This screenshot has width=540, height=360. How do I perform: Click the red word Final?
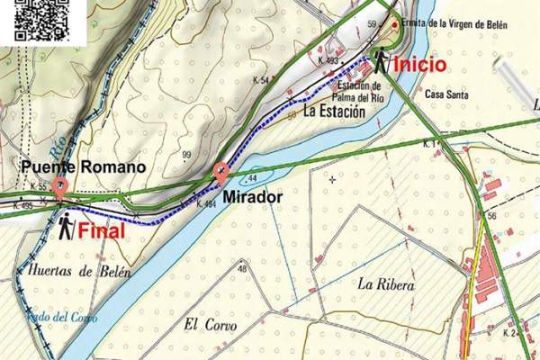pos(102,230)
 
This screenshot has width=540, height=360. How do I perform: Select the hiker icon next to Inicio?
pos(381,59)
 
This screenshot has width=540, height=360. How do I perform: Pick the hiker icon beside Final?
pos(66,227)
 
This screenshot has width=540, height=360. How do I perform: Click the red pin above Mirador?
pos(220,172)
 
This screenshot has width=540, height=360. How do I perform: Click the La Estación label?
pos(334,112)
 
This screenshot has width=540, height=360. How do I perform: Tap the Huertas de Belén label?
pos(72,271)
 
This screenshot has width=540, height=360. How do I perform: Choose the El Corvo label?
pos(204,325)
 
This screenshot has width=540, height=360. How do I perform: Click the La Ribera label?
pos(385,284)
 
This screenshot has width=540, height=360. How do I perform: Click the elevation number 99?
pos(186,157)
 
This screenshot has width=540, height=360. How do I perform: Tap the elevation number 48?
pos(242,269)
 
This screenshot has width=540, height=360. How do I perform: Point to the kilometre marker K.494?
pos(205,204)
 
